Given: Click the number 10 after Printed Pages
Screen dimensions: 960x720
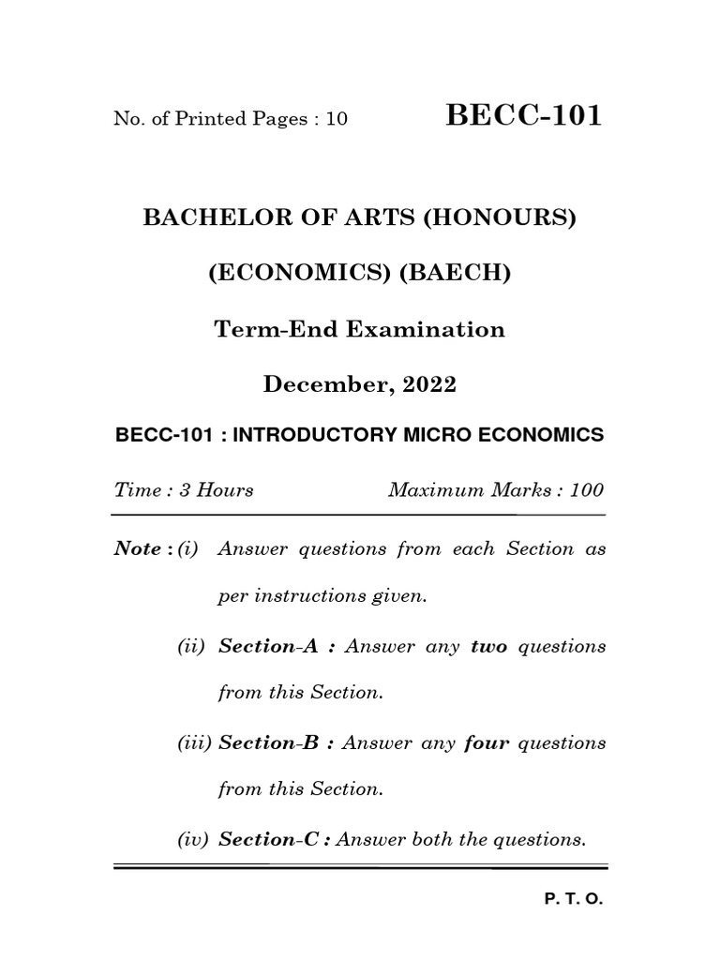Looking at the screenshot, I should [x=336, y=119].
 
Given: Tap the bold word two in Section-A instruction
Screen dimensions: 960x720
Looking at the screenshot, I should [x=488, y=647].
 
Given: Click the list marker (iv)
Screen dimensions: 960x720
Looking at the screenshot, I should [x=193, y=840].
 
